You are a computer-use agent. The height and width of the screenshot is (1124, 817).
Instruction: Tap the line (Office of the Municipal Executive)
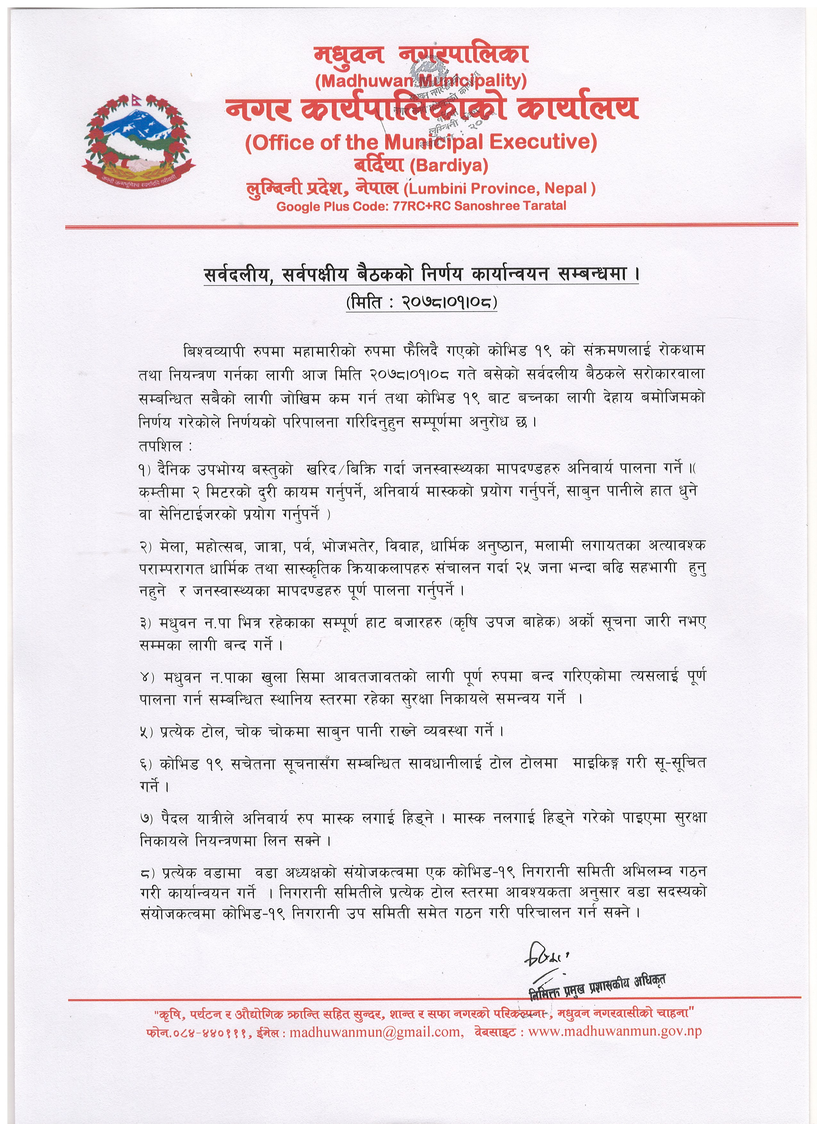tap(421, 143)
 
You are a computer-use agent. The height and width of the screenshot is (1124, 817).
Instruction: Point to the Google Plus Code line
tap(421, 206)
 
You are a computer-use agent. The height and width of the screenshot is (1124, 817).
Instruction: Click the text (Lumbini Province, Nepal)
tap(499, 189)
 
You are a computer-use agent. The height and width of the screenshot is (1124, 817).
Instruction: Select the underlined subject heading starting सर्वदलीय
tap(421, 274)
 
